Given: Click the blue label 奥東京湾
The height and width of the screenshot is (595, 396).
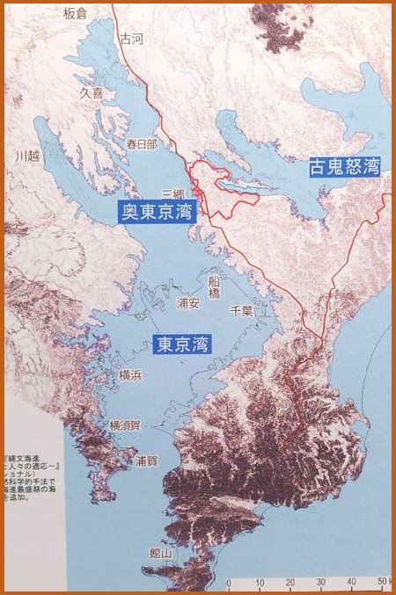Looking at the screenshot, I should [x=158, y=212].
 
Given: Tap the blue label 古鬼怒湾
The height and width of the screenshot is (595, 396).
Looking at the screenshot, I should [x=344, y=167].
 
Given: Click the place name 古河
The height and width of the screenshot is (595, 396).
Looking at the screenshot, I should [x=131, y=39].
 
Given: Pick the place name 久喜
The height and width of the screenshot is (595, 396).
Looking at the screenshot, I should [x=92, y=91].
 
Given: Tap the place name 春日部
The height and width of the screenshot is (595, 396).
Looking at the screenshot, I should [x=141, y=144].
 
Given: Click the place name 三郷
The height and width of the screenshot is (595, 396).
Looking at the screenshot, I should [x=173, y=192].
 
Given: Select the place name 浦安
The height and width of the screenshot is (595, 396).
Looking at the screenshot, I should [x=188, y=302].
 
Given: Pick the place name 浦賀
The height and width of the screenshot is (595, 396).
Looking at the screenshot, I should [x=146, y=461].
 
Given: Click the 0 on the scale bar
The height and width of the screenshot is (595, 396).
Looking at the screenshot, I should [x=229, y=583].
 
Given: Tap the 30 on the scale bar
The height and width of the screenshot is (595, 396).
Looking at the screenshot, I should [x=321, y=583].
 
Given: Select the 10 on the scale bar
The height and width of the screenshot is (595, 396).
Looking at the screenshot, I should [x=260, y=583].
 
